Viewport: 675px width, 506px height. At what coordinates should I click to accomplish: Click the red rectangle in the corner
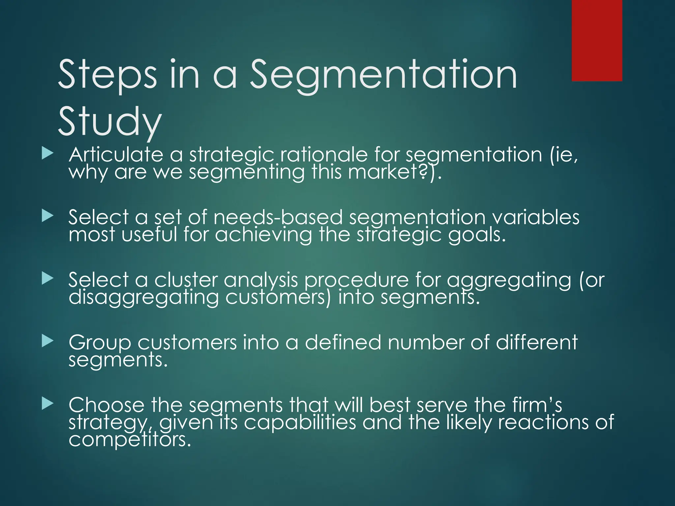pos(597,40)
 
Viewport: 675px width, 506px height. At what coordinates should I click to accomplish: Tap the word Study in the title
pos(109,122)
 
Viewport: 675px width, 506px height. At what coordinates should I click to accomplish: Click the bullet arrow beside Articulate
pos(47,154)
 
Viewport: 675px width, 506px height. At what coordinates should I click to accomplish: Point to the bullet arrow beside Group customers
pos(47,341)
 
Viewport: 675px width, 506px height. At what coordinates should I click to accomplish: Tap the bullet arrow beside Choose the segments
pos(47,404)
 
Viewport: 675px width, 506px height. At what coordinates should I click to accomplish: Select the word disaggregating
pos(144,297)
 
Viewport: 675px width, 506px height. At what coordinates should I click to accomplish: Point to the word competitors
pos(130,440)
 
